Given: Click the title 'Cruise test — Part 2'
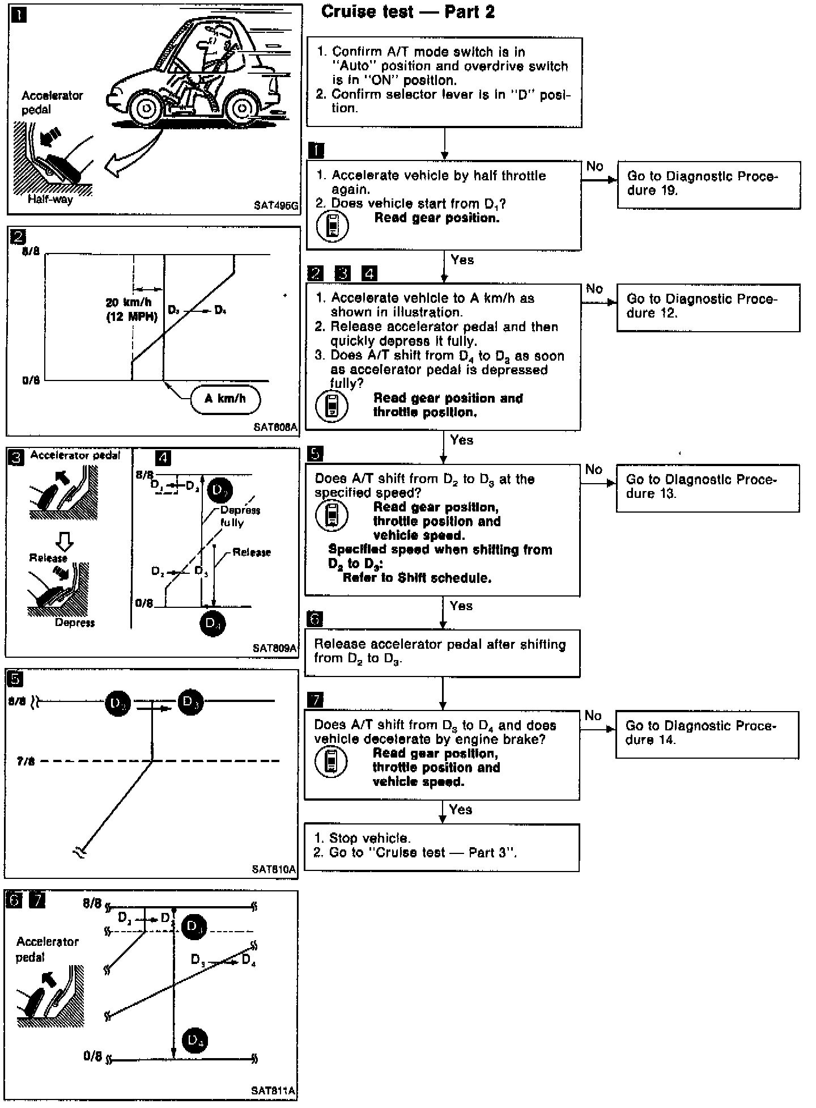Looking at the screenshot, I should point(407,12).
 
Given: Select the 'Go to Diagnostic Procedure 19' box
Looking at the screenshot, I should point(708,185).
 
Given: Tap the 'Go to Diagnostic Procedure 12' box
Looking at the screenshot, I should point(708,307).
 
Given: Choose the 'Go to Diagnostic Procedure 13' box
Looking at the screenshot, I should point(707,488).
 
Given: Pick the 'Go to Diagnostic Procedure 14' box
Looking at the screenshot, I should point(707,734).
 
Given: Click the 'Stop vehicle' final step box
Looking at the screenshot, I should point(441,847).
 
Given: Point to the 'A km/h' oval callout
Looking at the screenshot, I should point(225,399).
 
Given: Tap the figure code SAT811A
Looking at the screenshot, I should point(273,1090).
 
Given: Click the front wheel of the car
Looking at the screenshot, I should point(147,107).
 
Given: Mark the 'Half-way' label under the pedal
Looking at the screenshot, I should point(50,199).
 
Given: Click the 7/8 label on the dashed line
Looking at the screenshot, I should point(26,761).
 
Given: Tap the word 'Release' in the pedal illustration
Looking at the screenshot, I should point(48,558).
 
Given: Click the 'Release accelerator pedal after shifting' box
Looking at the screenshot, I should point(441,653).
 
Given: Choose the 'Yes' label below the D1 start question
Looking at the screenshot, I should point(462,260).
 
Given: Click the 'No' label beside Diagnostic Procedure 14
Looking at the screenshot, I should point(593,716).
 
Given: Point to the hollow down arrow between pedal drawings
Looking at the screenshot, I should point(65,543).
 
